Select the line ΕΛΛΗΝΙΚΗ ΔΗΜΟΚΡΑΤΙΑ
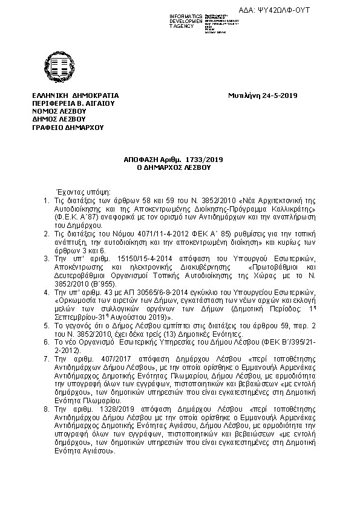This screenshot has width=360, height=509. click(76, 96)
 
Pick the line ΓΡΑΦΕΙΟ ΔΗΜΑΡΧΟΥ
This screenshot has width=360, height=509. click(68, 127)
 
